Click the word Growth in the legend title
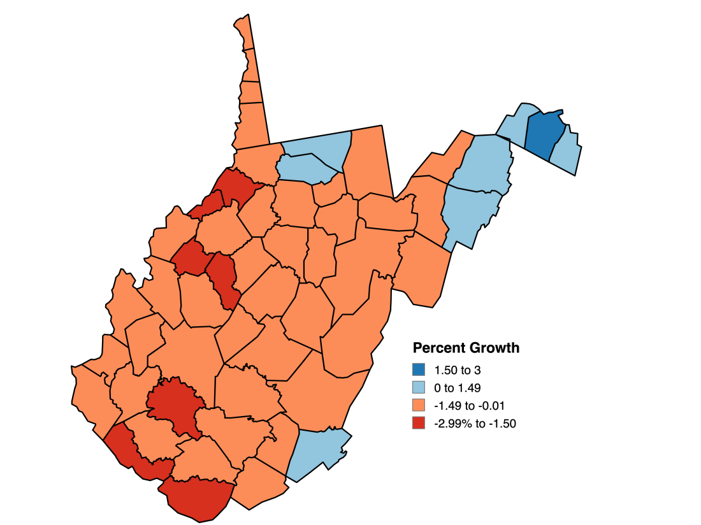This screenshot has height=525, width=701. coord(493,349)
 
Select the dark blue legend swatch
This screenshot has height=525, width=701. coord(419,370)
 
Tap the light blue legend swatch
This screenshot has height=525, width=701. coord(419,387)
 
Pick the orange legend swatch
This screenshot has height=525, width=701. coord(419,405)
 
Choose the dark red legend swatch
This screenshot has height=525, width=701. coord(419,423)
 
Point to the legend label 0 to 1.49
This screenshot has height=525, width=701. coord(457,387)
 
